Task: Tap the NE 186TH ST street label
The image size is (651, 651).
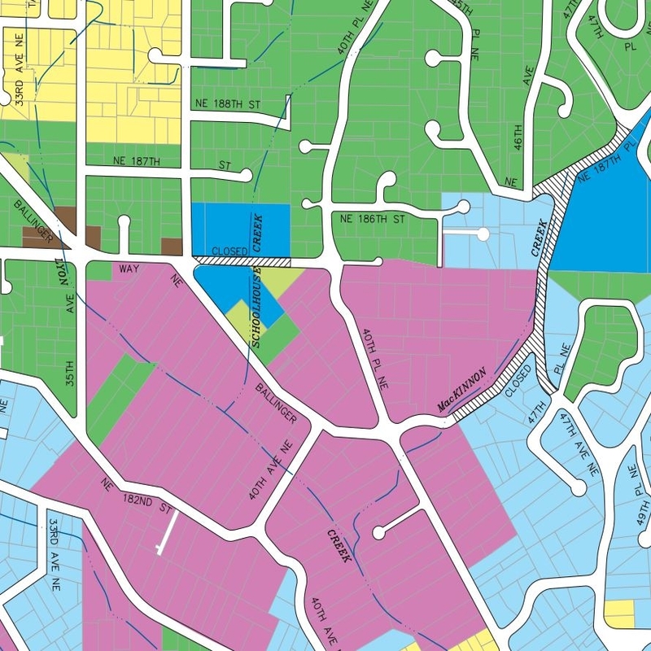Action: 372,220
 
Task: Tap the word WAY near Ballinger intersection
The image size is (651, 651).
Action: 130,268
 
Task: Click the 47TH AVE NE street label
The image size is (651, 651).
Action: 581,443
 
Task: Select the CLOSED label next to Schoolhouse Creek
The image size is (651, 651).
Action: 229,252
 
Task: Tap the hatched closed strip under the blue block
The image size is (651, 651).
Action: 241,261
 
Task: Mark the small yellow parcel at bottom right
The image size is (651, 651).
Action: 619,612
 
